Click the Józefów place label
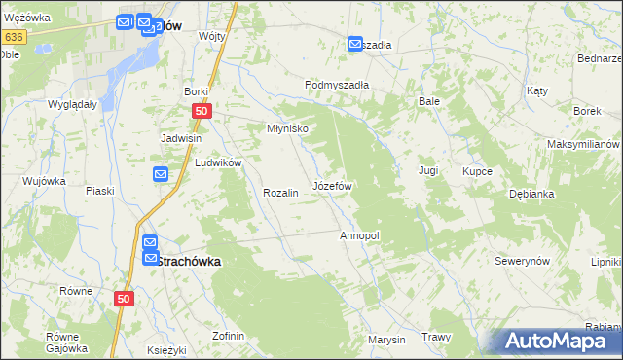click(x=331, y=185)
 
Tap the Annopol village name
click(x=359, y=236)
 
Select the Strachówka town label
click(x=189, y=261)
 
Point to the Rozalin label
click(x=279, y=193)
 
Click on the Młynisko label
click(x=287, y=128)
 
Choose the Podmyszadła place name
click(x=337, y=85)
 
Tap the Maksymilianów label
click(x=583, y=144)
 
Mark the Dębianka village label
click(x=531, y=194)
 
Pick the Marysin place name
click(x=386, y=340)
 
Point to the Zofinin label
click(x=228, y=336)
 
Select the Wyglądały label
click(x=71, y=103)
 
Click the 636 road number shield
click(x=13, y=37)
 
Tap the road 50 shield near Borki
click(x=201, y=112)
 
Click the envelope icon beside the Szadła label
click(x=355, y=44)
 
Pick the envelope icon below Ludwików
click(x=161, y=174)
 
